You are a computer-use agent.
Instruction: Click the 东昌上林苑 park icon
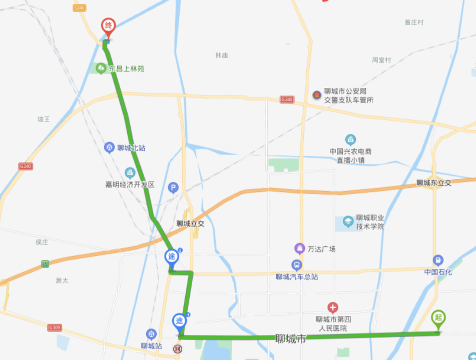coord(101,68)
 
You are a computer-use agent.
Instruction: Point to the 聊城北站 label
coord(131,148)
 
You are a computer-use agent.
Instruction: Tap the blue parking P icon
coord(173,187)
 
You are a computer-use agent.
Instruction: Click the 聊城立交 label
coord(190,223)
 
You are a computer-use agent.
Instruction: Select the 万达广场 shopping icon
coord(299,248)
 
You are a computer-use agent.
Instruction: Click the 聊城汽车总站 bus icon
coord(297,264)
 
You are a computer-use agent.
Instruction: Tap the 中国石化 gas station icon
coord(438,260)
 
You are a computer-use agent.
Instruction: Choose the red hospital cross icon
coord(332,307)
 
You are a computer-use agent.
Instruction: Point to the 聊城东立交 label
coord(434,183)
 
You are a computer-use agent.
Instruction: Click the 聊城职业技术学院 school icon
coord(348,221)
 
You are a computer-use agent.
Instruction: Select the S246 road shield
coord(80,8)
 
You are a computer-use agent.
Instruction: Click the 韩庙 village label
coord(222,55)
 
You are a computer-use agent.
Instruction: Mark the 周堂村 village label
coord(381,60)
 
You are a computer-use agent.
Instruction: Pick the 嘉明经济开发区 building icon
coord(130,173)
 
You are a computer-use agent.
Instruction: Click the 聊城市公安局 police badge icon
coord(316,95)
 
